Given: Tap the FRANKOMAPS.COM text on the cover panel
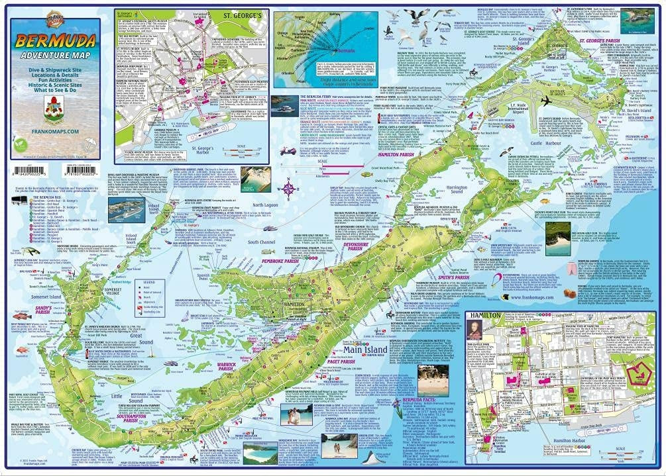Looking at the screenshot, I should coord(55,132).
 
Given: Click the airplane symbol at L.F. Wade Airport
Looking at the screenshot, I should coord(546,101).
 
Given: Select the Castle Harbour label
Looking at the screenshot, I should coord(546,143).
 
